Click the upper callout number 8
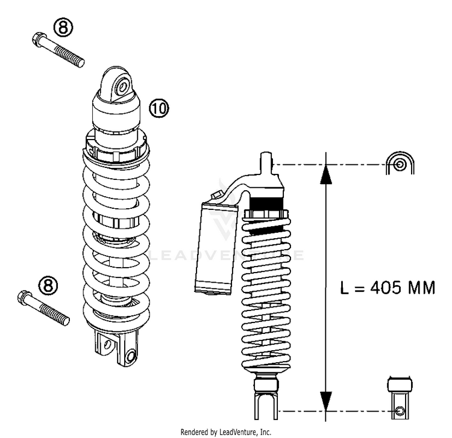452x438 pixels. tap(64, 27)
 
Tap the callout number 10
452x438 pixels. tap(159, 108)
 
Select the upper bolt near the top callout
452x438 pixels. tap(58, 50)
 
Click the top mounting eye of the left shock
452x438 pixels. tap(121, 85)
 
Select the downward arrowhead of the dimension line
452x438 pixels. tap(325, 399)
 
